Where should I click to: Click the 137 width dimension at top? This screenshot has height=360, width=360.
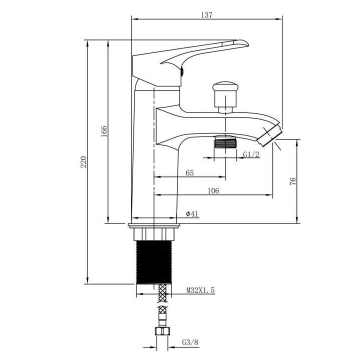tap(207, 15)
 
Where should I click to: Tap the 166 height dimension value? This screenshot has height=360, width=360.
tap(104, 131)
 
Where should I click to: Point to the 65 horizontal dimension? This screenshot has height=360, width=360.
tap(190, 173)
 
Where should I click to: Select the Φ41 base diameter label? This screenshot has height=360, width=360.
tap(192, 214)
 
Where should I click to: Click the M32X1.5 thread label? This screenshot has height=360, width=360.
tap(200, 290)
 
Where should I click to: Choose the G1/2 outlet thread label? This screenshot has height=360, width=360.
tap(251, 154)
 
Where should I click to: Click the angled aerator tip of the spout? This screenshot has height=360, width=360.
tap(272, 133)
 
